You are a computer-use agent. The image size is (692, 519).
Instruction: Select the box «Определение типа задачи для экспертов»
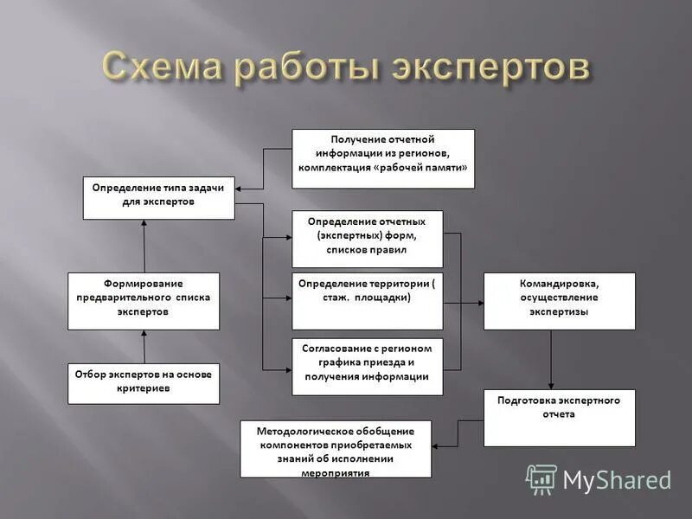click(x=158, y=197)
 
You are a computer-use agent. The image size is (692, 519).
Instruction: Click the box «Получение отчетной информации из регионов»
click(x=382, y=158)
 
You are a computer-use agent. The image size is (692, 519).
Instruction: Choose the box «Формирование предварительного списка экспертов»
click(x=144, y=301)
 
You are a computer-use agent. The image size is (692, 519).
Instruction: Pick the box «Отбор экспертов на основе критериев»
click(x=144, y=384)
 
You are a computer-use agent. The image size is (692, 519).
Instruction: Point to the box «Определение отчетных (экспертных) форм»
click(x=367, y=239)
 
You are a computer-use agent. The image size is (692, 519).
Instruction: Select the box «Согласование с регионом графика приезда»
click(x=367, y=367)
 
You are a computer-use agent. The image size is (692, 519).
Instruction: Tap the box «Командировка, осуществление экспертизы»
click(x=559, y=301)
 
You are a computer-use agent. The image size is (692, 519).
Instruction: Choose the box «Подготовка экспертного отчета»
click(x=559, y=419)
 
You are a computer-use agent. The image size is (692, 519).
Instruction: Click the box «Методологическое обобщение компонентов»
click(x=336, y=449)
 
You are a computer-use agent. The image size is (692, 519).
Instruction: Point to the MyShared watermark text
click(x=617, y=480)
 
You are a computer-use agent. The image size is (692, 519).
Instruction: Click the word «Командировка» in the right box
click(x=558, y=283)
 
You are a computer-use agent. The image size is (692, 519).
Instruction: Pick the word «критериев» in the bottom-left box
click(x=144, y=389)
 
